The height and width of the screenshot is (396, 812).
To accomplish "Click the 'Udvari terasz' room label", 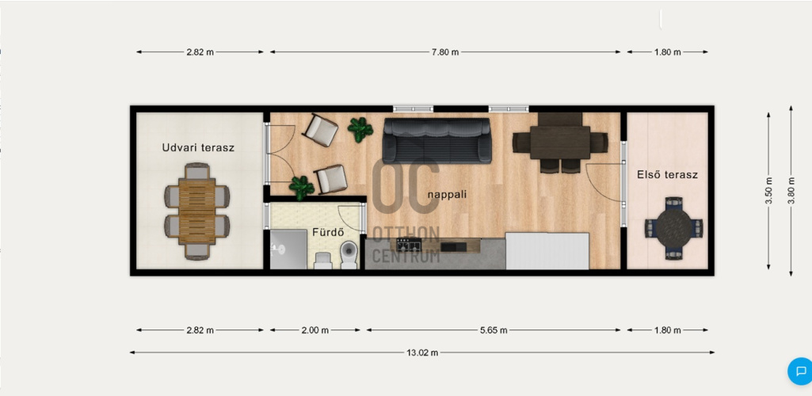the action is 198,147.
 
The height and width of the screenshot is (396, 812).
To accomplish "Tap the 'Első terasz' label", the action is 667,175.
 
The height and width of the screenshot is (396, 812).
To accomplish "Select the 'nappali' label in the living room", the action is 448,195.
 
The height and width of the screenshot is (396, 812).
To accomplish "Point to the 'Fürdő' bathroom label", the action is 328,232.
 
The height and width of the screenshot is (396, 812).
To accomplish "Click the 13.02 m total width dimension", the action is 422,352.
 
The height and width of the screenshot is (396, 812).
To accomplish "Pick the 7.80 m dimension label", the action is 445,51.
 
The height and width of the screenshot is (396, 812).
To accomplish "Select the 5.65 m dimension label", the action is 494,330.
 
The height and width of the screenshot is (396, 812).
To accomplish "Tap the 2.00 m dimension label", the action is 315,330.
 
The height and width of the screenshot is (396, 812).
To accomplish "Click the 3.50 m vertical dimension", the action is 768,191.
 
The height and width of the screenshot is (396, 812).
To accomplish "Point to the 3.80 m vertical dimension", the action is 791,191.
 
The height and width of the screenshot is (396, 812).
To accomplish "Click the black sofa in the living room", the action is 436,140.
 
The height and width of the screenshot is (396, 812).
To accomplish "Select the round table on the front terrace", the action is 673,228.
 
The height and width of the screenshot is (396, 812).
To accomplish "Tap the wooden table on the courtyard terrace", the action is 196,211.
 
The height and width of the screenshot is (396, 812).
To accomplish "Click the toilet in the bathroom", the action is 349,255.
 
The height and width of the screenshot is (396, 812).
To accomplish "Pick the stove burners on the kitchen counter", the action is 409,245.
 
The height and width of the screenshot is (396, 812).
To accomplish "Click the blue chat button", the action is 801,371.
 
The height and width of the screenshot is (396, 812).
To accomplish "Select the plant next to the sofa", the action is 360,129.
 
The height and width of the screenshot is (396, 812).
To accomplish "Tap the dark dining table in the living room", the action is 560,142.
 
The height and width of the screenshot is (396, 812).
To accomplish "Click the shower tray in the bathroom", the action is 288,249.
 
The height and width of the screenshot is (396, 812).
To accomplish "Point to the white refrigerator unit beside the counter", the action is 547,251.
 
